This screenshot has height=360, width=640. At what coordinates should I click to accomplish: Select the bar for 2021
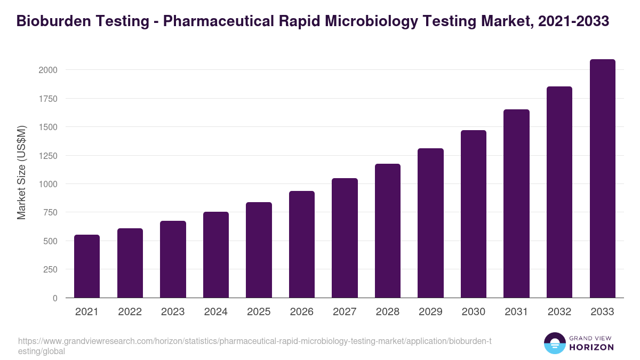click(87, 266)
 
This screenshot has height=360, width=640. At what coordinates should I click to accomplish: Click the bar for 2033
click(602, 179)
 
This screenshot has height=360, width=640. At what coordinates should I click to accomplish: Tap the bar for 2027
click(345, 238)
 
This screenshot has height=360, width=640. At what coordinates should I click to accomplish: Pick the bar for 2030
click(474, 214)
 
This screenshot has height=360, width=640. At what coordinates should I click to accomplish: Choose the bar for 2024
click(216, 255)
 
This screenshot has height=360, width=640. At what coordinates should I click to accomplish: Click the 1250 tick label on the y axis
click(48, 156)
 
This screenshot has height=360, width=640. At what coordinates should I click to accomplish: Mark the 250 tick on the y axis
click(51, 270)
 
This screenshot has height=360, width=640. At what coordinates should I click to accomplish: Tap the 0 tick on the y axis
click(54, 298)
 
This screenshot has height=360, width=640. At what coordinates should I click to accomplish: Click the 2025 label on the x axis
click(259, 312)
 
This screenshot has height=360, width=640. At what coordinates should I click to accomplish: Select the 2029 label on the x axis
click(430, 312)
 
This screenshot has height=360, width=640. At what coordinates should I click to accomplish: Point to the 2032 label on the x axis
click(559, 312)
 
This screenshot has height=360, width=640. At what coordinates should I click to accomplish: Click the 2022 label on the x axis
click(130, 312)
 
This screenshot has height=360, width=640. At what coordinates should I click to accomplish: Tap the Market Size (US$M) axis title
click(21, 172)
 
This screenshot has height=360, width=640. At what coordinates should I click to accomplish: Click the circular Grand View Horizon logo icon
click(554, 343)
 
